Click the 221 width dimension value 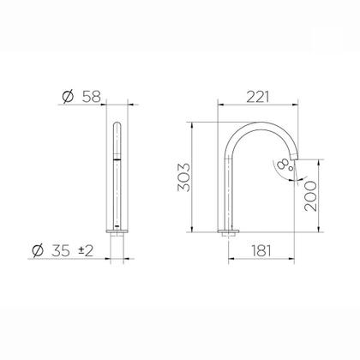click(x=258, y=97)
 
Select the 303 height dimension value click(x=183, y=177)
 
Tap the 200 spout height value click(x=310, y=196)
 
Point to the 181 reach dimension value click(x=261, y=251)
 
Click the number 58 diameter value click(x=92, y=97)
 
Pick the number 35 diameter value click(x=61, y=251)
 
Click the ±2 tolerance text click(x=86, y=251)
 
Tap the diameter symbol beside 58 click(x=68, y=97)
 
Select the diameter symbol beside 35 click(x=38, y=251)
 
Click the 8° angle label click(x=286, y=165)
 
